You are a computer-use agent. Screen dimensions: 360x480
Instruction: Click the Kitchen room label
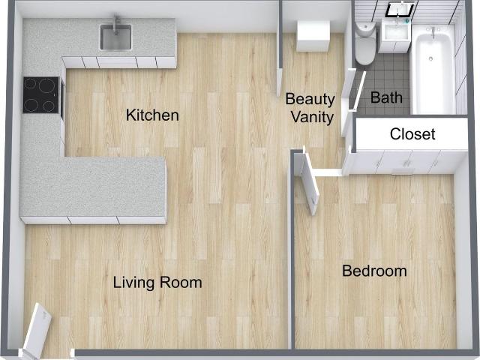tap(152, 115)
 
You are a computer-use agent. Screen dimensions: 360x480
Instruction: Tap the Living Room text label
tap(157, 283)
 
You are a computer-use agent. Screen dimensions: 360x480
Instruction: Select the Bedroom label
tap(374, 271)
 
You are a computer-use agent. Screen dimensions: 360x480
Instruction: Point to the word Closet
tap(412, 135)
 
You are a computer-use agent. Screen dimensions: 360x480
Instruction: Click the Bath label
tap(386, 97)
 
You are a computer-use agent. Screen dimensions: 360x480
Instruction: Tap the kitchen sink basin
tap(116, 37)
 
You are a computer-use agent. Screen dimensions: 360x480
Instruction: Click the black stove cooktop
tap(41, 95)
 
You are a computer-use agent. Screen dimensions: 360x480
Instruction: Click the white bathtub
tap(432, 71)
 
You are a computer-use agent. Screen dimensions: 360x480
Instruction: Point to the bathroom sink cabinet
tap(395, 37)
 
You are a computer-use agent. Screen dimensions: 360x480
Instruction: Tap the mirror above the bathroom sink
tap(400, 10)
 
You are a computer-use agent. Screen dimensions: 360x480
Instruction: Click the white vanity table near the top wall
tap(313, 35)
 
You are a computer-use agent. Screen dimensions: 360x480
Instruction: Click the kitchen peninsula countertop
tap(94, 187)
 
